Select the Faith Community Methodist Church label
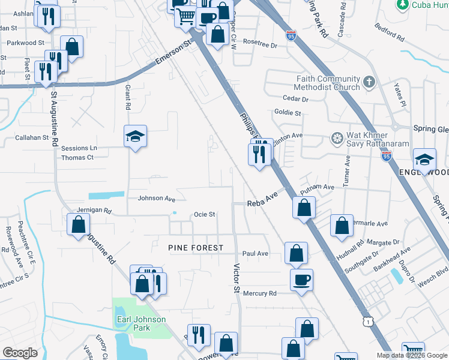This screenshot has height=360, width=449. point(328,83)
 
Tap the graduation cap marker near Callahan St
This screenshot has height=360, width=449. point(135,137)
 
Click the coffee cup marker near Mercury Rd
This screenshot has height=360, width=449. point(301,279)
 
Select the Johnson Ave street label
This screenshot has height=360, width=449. point(157,199)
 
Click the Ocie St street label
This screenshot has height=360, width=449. point(204,215)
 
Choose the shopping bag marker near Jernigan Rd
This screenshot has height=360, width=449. point(79,226)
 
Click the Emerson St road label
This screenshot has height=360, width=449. point(172,53)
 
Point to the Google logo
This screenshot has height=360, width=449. point(20,353)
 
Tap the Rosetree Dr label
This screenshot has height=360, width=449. point(260,44)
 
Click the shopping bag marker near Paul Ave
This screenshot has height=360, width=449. point(296,253)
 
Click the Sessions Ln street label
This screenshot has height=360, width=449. point(79,148)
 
